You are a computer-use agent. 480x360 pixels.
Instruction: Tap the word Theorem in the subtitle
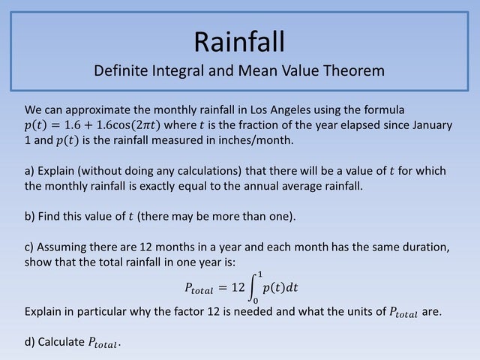click(x=352, y=72)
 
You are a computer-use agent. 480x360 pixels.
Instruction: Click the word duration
click(x=424, y=247)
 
